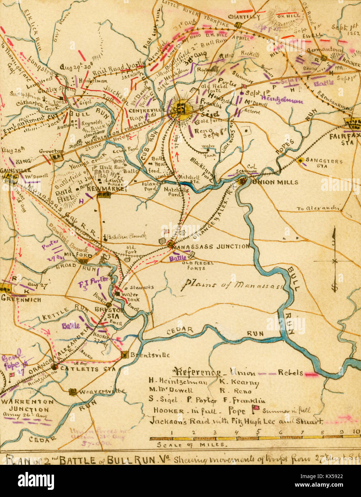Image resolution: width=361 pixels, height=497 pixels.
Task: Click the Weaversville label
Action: click(102, 391)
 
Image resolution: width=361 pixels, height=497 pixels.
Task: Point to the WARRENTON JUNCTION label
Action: click(27, 405)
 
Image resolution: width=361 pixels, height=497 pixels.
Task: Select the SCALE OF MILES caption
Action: click(192, 445)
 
